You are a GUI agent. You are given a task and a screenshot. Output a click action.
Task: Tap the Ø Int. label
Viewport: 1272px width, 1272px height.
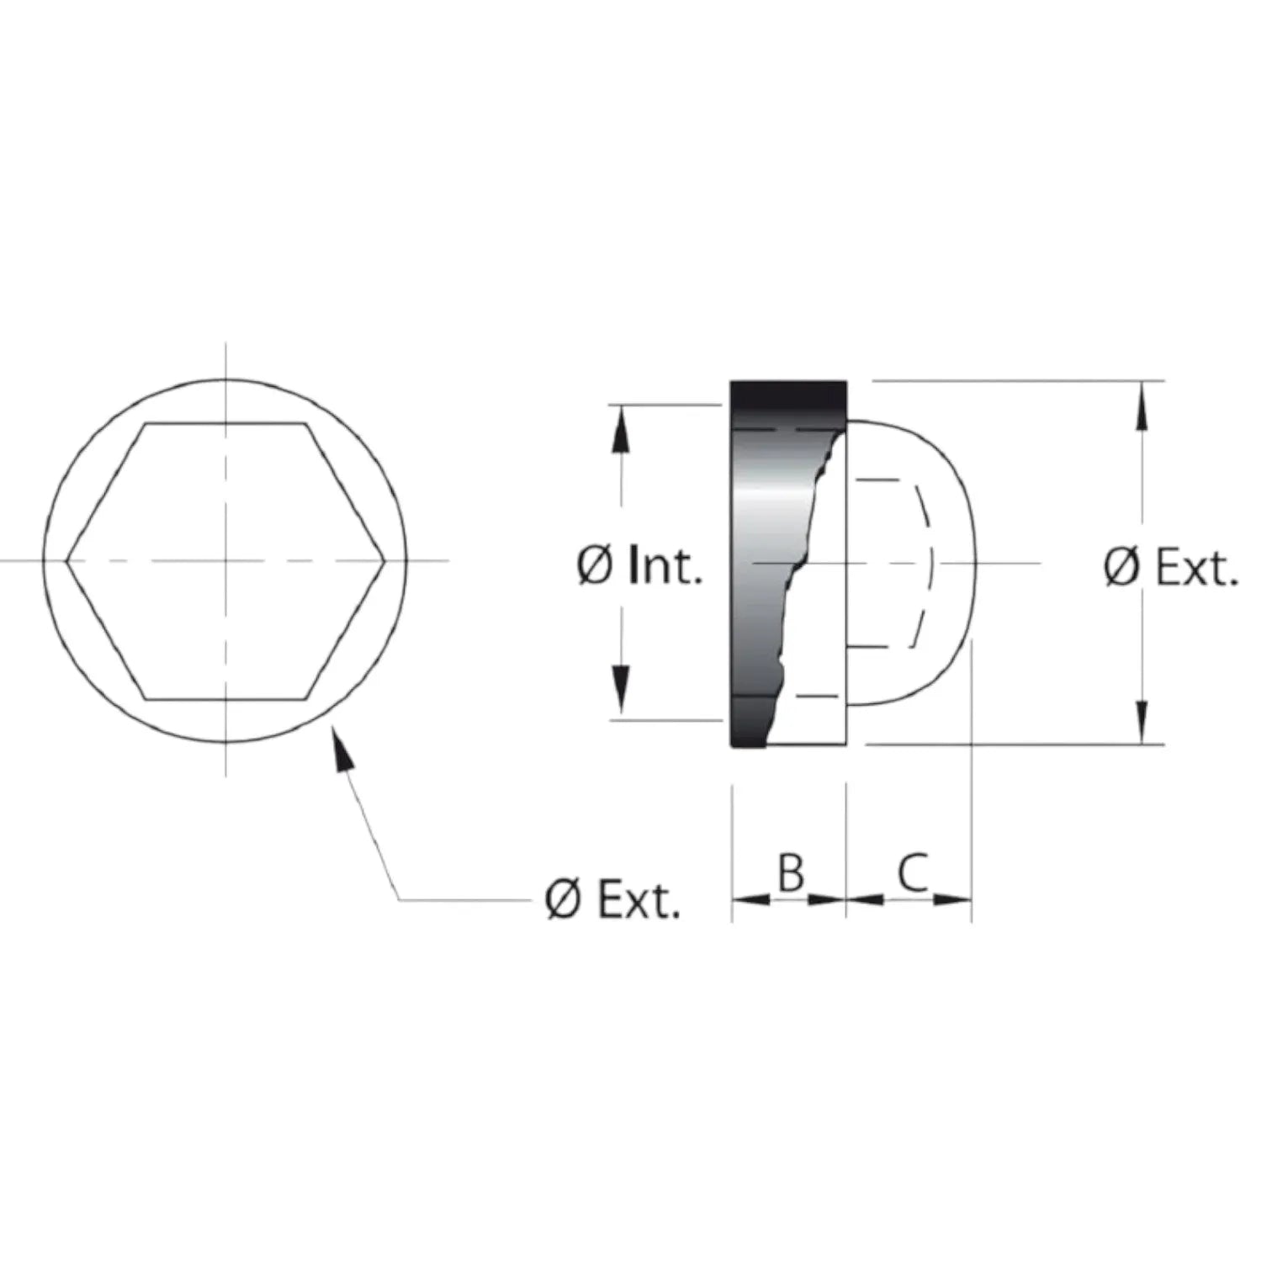click(x=639, y=565)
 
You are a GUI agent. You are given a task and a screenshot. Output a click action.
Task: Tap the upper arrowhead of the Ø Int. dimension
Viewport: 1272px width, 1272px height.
click(x=621, y=432)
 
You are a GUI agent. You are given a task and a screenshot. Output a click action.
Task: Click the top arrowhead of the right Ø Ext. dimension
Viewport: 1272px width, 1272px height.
click(x=1142, y=406)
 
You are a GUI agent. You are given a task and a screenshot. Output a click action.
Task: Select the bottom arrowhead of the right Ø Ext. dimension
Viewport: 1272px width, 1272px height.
click(x=1142, y=718)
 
